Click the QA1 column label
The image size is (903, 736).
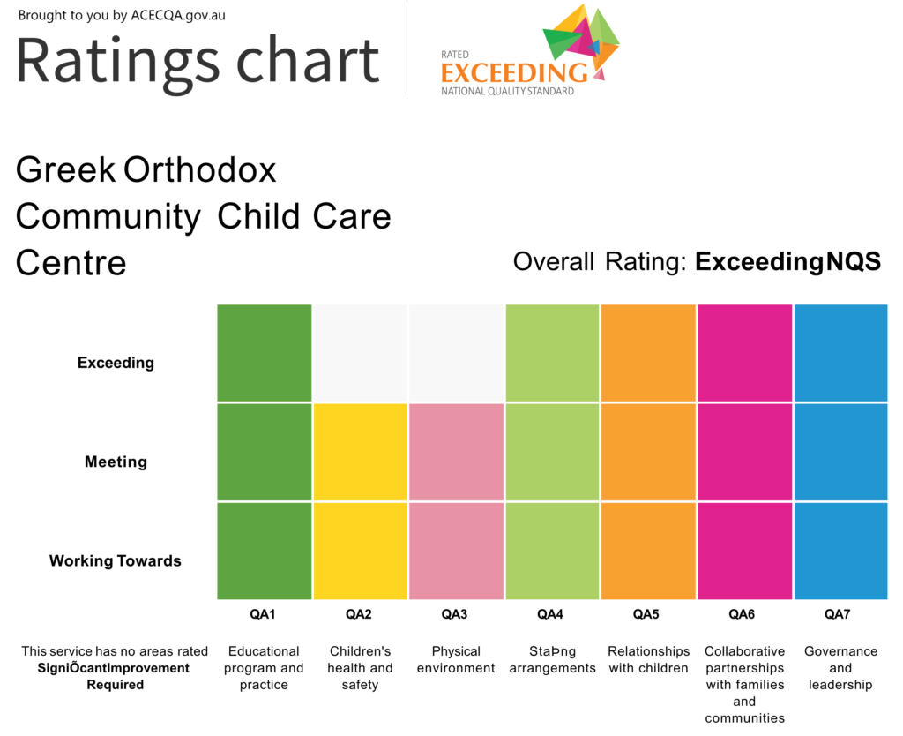pos(264,614)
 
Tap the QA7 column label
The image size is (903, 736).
pos(840,614)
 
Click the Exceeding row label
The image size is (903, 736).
pos(116,363)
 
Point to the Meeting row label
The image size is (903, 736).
pos(116,462)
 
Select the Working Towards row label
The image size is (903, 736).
pos(116,560)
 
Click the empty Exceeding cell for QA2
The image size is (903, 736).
pos(360,353)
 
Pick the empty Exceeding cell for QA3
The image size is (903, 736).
pos(456,353)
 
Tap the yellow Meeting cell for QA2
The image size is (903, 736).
pos(360,452)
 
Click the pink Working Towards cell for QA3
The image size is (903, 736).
pos(456,551)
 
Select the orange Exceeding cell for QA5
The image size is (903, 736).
pos(648,353)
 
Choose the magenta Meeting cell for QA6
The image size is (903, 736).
pos(744,452)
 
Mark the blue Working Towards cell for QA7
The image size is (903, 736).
pos(840,551)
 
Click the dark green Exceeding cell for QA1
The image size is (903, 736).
pos(265,353)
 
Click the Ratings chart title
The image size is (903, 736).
pos(198,60)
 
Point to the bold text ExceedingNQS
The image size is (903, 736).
pos(787,262)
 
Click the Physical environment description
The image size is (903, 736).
pos(456,659)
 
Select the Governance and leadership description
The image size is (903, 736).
pos(840,668)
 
